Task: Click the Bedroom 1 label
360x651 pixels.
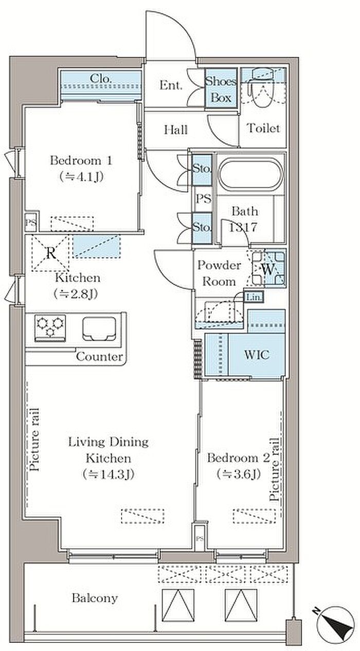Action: tap(81, 161)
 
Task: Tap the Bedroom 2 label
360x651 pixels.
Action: tap(238, 458)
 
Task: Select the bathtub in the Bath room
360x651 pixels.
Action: tap(250, 174)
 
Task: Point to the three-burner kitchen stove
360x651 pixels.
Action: tap(50, 327)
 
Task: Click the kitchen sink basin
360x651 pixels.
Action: tap(99, 328)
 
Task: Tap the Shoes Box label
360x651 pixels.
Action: tap(221, 89)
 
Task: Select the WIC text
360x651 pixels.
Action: tap(257, 354)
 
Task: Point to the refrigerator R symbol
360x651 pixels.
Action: tap(51, 253)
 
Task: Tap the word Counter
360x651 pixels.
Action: tap(99, 357)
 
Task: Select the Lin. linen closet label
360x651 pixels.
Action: tap(254, 297)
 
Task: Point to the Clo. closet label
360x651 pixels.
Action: tap(100, 78)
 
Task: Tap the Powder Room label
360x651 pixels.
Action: tap(219, 273)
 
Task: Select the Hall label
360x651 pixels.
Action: tap(176, 130)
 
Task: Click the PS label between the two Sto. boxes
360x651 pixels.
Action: tap(204, 199)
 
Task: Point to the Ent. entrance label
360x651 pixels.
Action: tap(171, 85)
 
